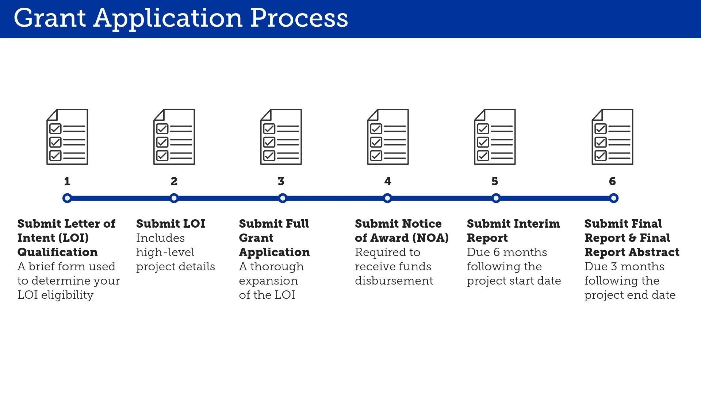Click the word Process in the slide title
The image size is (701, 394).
299,18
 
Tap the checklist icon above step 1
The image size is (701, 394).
67,137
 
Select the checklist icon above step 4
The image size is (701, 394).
388,137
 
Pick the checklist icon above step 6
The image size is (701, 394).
612,137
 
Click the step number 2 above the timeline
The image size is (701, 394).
174,181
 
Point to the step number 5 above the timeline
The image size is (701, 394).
495,181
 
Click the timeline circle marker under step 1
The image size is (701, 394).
67,198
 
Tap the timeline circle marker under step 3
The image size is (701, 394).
283,198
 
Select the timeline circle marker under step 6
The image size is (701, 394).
614,198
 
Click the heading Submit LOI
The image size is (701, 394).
171,224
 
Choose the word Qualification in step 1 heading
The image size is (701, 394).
58,252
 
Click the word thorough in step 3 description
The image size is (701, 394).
277,267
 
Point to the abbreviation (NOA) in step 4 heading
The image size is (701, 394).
430,238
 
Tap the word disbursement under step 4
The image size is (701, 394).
394,281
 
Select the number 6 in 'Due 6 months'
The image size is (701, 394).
497,252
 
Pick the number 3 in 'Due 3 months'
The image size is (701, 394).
614,267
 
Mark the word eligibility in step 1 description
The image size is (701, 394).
67,295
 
